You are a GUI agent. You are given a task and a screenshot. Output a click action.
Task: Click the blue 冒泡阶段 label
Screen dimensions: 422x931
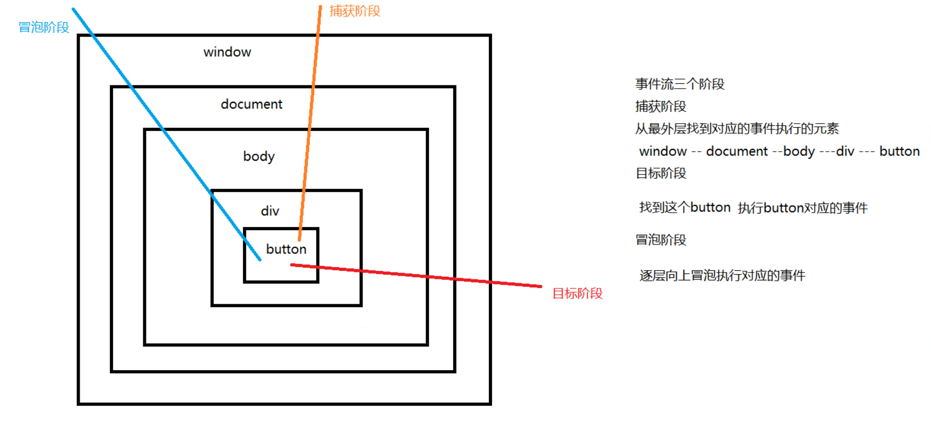click(44, 28)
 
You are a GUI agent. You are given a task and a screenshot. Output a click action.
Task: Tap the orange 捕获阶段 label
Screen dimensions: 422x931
click(355, 11)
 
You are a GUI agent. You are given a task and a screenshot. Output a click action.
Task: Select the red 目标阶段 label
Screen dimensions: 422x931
click(577, 294)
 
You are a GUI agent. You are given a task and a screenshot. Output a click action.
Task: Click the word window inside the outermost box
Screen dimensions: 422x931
click(227, 52)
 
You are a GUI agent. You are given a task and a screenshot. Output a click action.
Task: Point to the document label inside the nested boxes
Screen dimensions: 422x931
click(252, 104)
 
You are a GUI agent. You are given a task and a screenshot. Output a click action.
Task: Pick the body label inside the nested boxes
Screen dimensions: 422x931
click(259, 156)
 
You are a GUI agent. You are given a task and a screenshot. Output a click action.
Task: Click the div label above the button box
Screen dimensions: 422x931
click(270, 211)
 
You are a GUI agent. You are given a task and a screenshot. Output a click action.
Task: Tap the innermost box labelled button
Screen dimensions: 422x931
click(286, 249)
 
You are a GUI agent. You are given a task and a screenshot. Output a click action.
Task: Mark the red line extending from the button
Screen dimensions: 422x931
click(425, 276)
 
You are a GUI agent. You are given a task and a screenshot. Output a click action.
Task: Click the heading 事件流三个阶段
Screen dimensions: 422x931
click(679, 84)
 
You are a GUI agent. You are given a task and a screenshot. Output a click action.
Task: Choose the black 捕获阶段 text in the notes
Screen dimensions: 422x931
click(661, 107)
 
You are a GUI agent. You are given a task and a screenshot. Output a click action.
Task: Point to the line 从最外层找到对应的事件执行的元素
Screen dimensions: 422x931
click(737, 129)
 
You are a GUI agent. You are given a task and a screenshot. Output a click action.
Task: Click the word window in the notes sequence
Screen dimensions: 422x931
click(663, 152)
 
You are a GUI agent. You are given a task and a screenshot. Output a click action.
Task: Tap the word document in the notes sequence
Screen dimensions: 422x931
click(737, 152)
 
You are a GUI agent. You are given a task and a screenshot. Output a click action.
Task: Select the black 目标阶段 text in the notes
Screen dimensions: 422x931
click(661, 173)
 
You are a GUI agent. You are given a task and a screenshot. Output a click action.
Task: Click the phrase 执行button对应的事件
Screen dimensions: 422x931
click(803, 208)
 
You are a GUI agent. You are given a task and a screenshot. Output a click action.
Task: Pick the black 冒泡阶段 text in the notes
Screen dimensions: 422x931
click(661, 240)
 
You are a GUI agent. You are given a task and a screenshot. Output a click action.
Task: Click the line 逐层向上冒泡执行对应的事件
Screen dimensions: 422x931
click(722, 276)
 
